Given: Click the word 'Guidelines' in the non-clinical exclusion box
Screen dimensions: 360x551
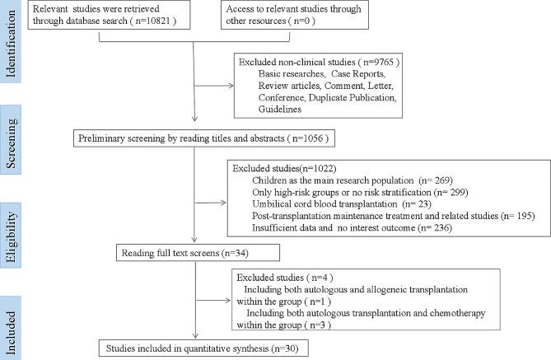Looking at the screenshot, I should tap(279, 109).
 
